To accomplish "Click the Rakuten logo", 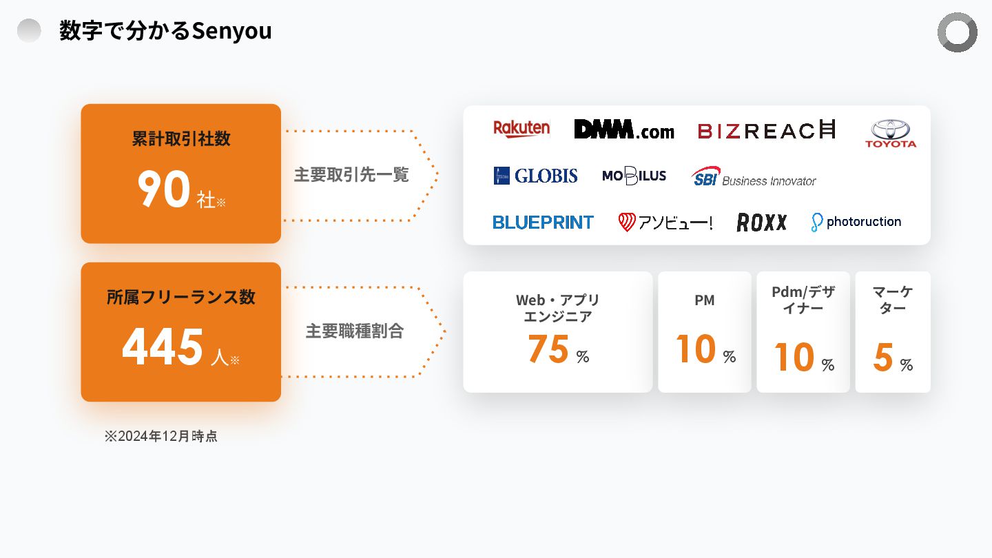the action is click(x=521, y=129).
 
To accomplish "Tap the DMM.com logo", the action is click(x=624, y=130).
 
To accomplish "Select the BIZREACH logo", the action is click(x=766, y=130).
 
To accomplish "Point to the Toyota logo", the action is click(x=891, y=134).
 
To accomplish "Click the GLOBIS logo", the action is click(x=535, y=176).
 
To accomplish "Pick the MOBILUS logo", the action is click(x=634, y=176).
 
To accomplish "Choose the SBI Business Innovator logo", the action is click(x=754, y=177).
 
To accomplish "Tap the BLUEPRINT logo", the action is click(x=543, y=222).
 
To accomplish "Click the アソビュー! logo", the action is click(x=665, y=222).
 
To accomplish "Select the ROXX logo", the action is click(x=761, y=222).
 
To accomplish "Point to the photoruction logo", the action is click(x=856, y=222).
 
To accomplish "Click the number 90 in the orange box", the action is click(x=163, y=189).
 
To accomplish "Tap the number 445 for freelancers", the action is click(x=163, y=347).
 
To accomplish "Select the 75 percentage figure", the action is click(x=548, y=349).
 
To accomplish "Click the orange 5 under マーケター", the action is click(x=883, y=358).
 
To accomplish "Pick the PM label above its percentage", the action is click(x=704, y=300).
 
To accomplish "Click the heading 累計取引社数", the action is click(x=181, y=139).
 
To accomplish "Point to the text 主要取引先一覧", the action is click(x=351, y=175).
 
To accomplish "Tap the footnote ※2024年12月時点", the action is click(x=161, y=436).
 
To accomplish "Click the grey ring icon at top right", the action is click(x=957, y=32).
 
